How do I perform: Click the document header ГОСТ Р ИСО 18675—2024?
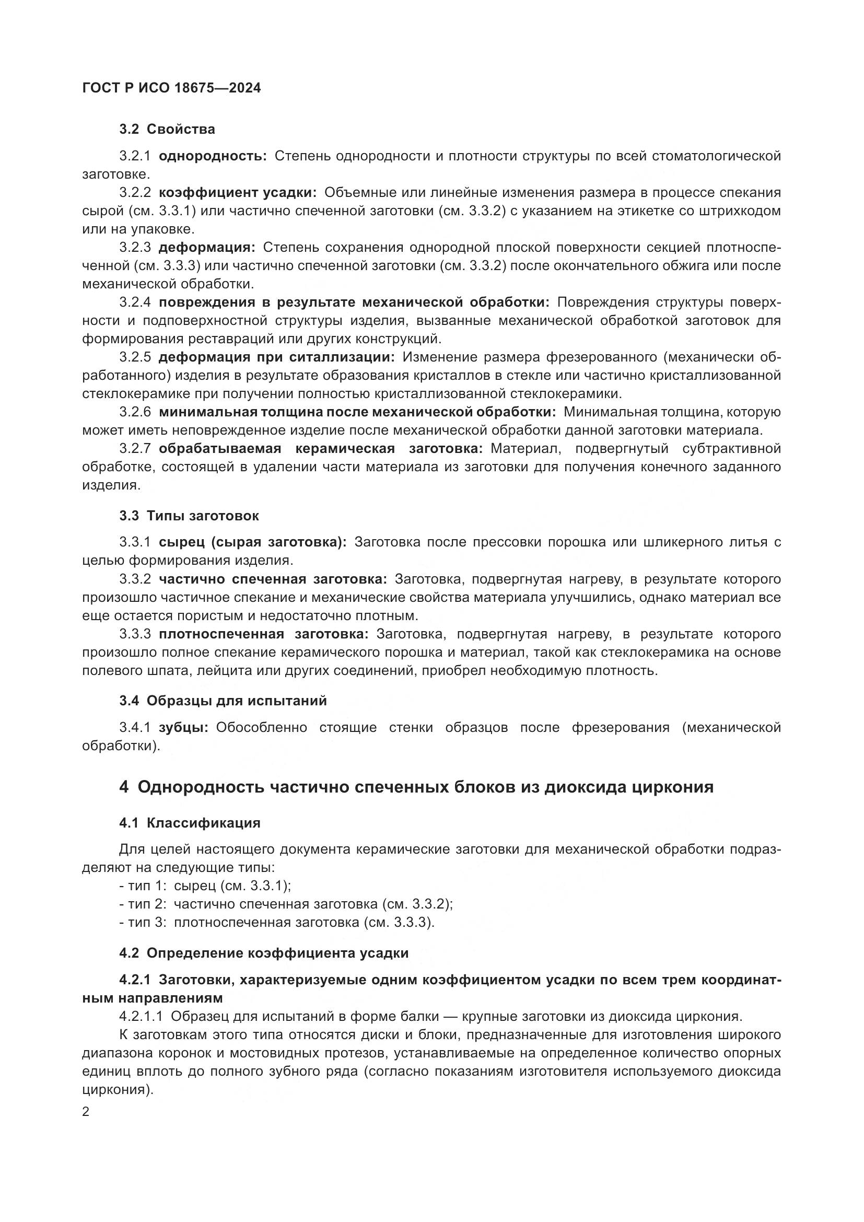pos(171,88)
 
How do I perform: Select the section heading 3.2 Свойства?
pos(167,130)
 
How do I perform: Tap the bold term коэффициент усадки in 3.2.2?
pos(237,193)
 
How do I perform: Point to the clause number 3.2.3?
pos(135,248)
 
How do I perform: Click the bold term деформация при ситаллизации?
pos(277,357)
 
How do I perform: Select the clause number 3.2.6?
pos(135,412)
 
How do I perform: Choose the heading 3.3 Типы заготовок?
pos(189,516)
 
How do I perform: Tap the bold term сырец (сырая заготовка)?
pos(253,542)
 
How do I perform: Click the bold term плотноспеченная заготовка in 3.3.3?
pos(263,634)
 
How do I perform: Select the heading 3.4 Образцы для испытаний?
pos(223,701)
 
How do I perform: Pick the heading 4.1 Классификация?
pos(190,823)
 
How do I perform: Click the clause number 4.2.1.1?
pos(141,1017)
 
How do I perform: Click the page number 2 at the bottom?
pos(86,1112)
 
